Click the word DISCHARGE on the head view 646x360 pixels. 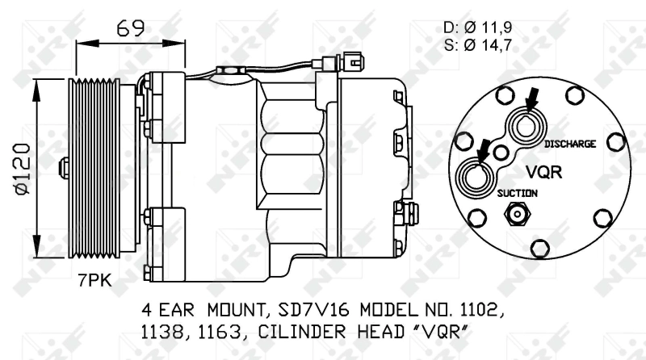pyautogui.click(x=569, y=144)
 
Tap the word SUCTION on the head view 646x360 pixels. pyautogui.click(x=517, y=193)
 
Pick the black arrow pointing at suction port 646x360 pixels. pyautogui.click(x=484, y=148)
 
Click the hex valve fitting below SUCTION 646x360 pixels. pyautogui.click(x=516, y=215)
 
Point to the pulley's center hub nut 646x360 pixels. pyautogui.click(x=65, y=168)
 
